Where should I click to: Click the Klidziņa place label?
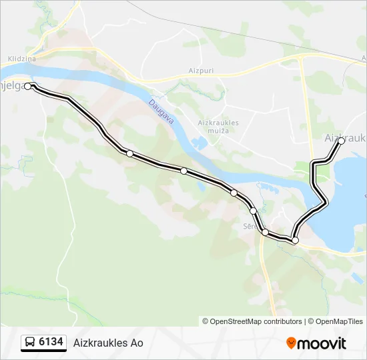pos(22,59)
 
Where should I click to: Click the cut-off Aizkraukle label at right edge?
pos(344,137)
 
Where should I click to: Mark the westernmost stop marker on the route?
pos(28,86)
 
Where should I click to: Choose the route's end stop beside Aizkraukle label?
pos(341,141)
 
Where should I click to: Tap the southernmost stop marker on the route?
pos(295,240)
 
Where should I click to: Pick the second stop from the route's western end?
pos(129,154)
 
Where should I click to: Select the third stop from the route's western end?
pos(183,171)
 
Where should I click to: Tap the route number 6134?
pos(51,343)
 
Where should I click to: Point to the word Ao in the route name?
pos(137,343)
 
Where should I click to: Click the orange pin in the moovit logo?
pos(291,343)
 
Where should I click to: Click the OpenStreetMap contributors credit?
pos(252,321)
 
